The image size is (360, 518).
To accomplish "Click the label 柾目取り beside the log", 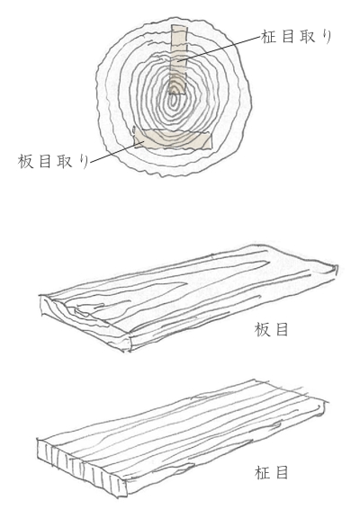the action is pos(296,36).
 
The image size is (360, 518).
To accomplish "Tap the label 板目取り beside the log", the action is pos(53,161).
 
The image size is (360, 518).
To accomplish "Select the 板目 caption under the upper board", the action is pos(272,329).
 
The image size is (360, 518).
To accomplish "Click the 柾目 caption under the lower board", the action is pos(272,472).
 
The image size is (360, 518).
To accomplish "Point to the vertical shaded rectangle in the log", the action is pos(178,59).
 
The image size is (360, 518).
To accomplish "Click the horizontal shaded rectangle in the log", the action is pos(173,139).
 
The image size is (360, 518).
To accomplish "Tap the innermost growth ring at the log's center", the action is pos(174,99).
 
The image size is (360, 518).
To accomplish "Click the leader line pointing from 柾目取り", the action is pos(220,49).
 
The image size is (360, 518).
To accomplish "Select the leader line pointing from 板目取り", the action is pos(117,152).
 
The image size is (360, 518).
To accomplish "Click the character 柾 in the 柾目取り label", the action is pos(269,36).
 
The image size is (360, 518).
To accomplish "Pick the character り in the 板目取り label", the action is pos(84,161).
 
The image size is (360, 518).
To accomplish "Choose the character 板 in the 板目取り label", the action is pos(25,161).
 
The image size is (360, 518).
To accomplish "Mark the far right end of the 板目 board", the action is pos(335,269).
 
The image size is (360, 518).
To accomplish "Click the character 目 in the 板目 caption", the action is pos(282,329).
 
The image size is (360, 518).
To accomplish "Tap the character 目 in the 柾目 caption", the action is pos(282,472).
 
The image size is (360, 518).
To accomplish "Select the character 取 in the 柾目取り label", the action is pos(308,36).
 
